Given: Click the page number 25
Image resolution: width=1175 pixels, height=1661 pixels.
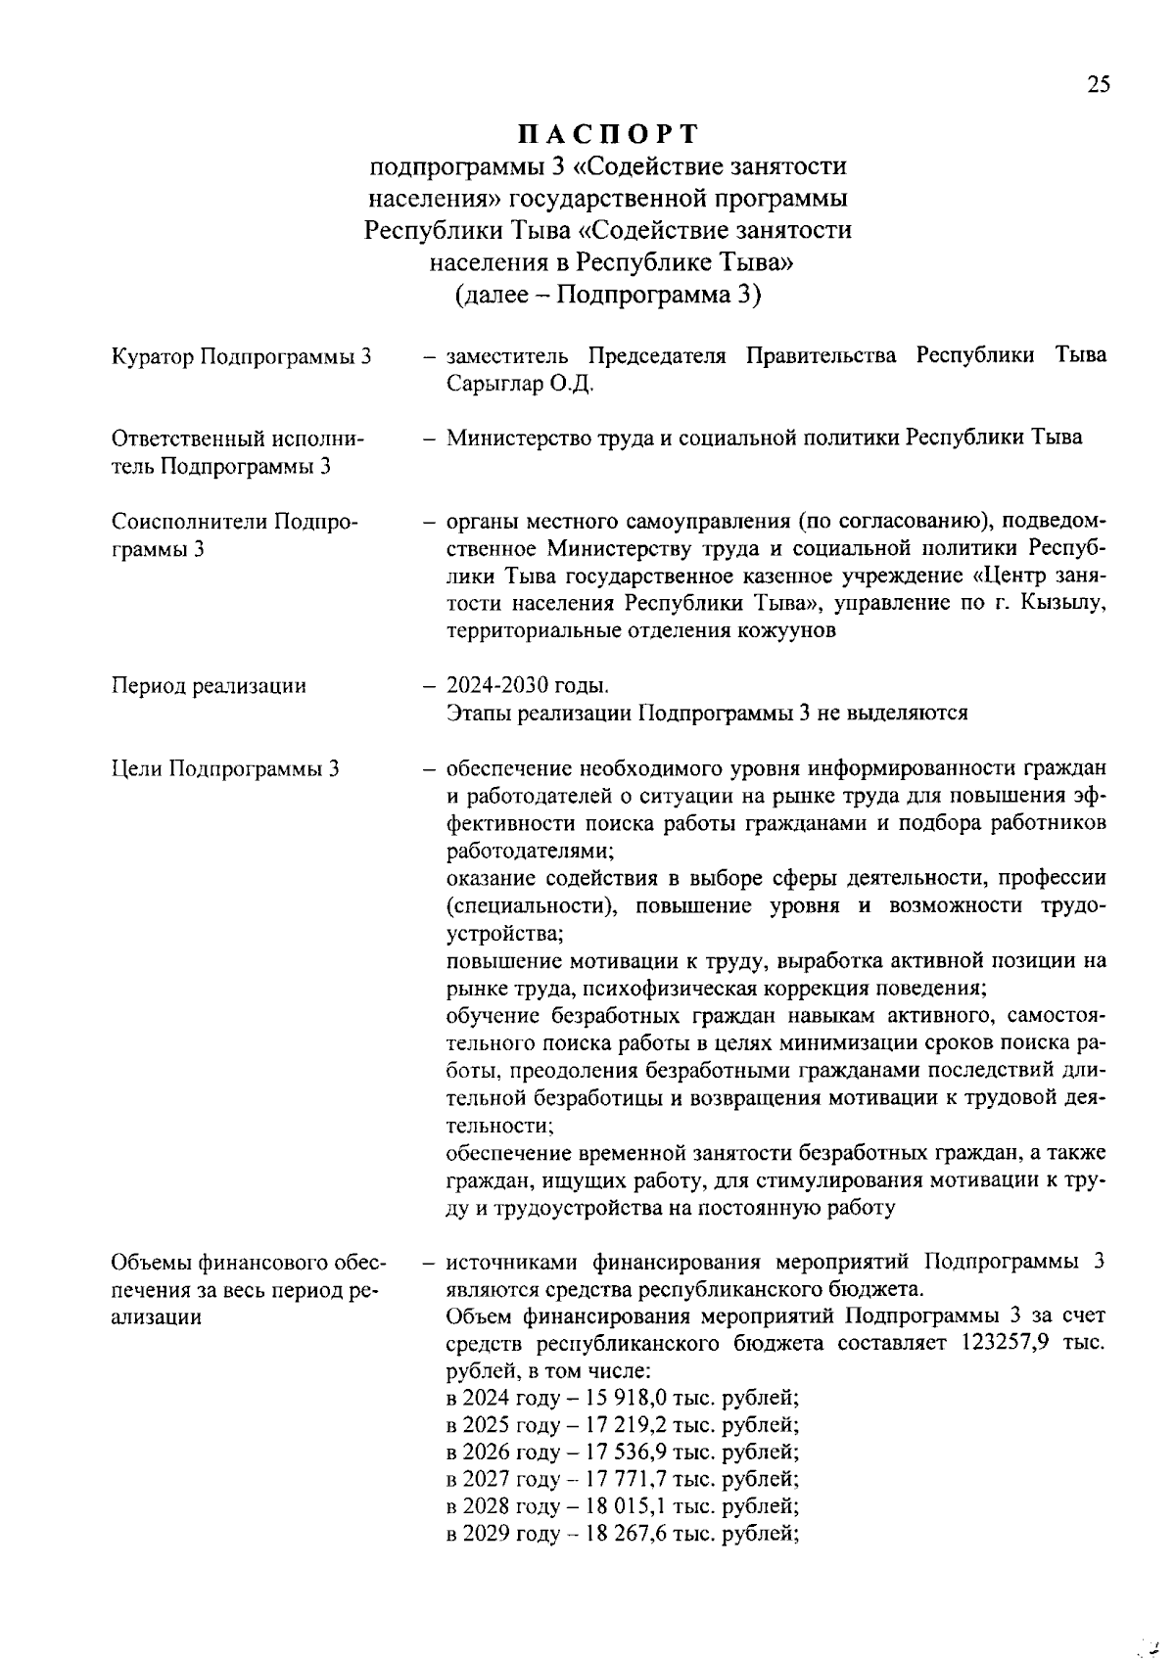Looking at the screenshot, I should pyautogui.click(x=1098, y=85).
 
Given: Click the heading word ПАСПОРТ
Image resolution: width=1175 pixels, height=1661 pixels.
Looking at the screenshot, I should pyautogui.click(x=607, y=133).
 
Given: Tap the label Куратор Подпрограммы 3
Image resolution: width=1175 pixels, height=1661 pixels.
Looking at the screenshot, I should pyautogui.click(x=242, y=356).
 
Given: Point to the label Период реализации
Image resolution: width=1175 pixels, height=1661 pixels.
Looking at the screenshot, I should pyautogui.click(x=209, y=686).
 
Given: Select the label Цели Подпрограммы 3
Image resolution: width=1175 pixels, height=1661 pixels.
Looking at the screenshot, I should pyautogui.click(x=225, y=768).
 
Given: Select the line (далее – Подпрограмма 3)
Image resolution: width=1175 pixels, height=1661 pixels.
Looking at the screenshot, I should pyautogui.click(x=607, y=295).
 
